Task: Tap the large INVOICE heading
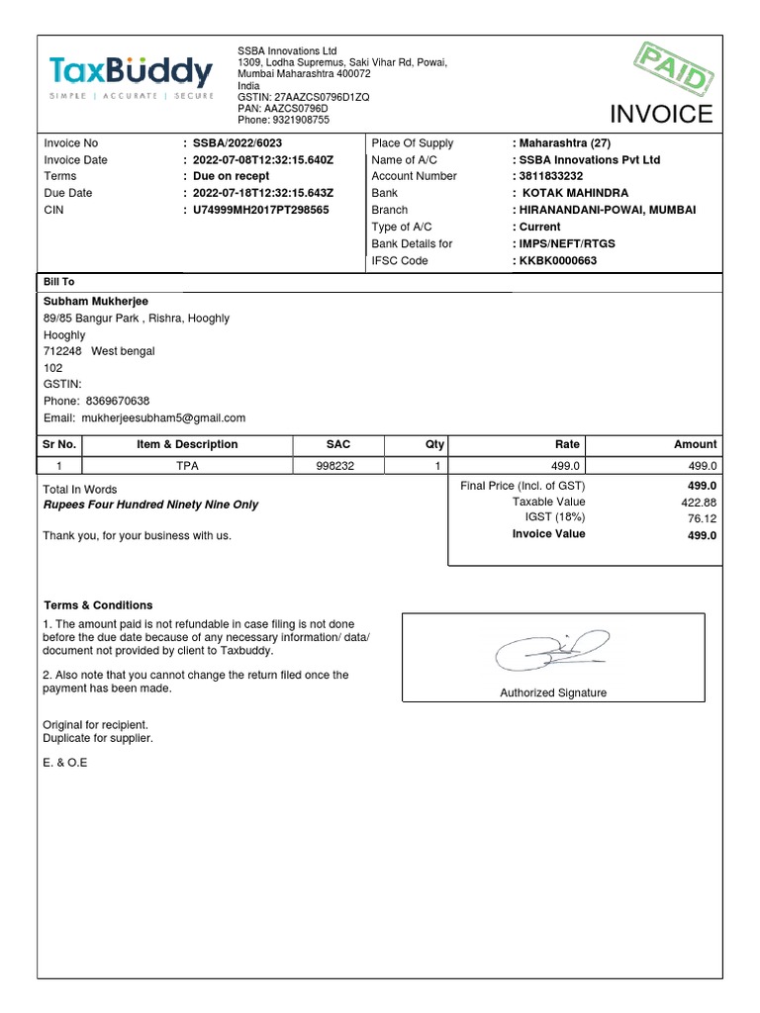click(660, 114)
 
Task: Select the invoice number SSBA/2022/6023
click(238, 143)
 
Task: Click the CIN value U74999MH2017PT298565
click(260, 210)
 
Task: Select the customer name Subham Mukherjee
click(96, 301)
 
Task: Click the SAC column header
click(338, 445)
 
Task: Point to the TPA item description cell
click(187, 466)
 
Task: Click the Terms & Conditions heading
click(98, 605)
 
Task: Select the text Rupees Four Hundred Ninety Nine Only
click(150, 505)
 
